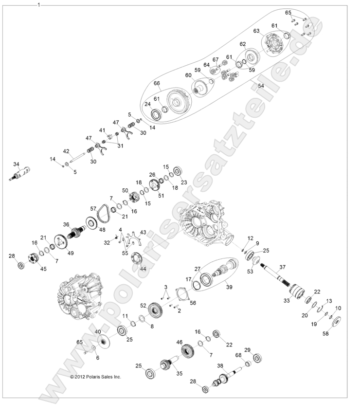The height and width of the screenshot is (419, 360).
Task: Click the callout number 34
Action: click(16, 164)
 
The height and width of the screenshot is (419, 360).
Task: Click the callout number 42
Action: click(66, 151)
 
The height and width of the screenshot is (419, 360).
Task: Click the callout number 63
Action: click(256, 31)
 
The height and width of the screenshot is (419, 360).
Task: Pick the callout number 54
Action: click(261, 86)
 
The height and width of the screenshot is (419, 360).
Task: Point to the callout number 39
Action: click(229, 287)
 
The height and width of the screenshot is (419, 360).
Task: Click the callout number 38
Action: click(220, 365)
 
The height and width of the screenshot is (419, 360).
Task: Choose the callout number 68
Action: click(238, 356)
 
